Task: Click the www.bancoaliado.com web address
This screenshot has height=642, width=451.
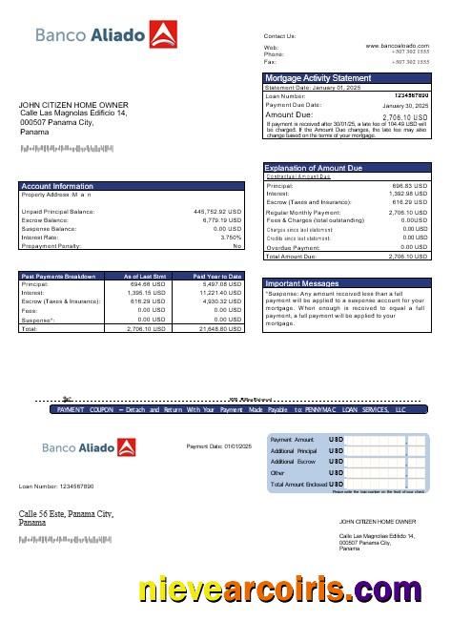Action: [397, 45]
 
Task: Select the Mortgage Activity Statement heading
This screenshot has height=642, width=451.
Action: [318, 77]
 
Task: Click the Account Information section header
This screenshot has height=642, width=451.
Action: [57, 186]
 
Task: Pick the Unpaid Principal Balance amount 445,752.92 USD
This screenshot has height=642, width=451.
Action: [217, 212]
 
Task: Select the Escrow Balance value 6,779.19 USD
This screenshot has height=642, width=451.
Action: [222, 220]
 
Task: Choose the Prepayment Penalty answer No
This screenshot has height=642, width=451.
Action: [237, 246]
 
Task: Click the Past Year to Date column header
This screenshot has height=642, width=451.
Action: [217, 276]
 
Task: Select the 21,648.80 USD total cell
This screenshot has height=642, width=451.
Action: [220, 327]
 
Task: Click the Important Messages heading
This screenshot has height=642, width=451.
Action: [301, 284]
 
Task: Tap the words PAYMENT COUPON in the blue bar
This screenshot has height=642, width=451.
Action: [85, 409]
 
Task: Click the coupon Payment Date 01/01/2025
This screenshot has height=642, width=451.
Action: [218, 446]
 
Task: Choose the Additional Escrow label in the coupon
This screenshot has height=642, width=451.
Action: [294, 461]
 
